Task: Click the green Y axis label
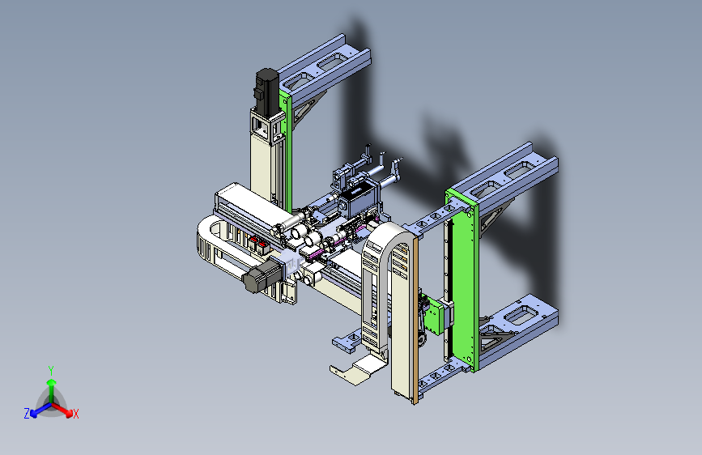(x=51, y=371)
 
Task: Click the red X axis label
(x=75, y=414)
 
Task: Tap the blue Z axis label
(x=27, y=414)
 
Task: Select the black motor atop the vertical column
(x=267, y=91)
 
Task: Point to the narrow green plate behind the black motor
(x=286, y=148)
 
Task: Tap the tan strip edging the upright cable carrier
(x=415, y=321)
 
